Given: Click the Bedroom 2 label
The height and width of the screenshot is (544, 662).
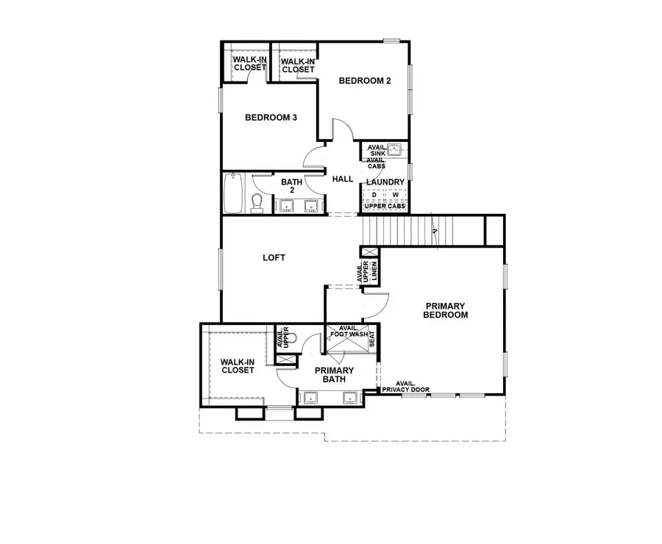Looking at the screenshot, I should [x=365, y=81].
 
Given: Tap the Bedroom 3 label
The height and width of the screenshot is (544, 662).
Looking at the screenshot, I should [x=271, y=117].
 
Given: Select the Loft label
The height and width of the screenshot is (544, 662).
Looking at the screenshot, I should [x=274, y=258].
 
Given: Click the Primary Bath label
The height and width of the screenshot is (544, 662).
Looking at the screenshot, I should [x=335, y=375].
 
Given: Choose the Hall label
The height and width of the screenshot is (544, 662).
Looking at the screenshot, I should [x=344, y=179].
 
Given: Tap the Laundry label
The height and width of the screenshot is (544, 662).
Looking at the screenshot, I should [x=385, y=182].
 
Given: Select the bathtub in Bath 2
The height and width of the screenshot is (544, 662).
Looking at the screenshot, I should [x=235, y=193].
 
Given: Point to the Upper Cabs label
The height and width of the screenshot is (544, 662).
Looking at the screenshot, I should [x=385, y=206].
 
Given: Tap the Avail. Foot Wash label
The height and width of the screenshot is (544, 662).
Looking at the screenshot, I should [x=349, y=332].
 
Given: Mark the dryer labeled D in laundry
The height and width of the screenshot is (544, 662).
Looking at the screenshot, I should [x=374, y=195].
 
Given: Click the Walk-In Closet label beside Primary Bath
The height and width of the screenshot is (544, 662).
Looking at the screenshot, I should [x=238, y=365].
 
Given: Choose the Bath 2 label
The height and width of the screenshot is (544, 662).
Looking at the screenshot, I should [x=287, y=185].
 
